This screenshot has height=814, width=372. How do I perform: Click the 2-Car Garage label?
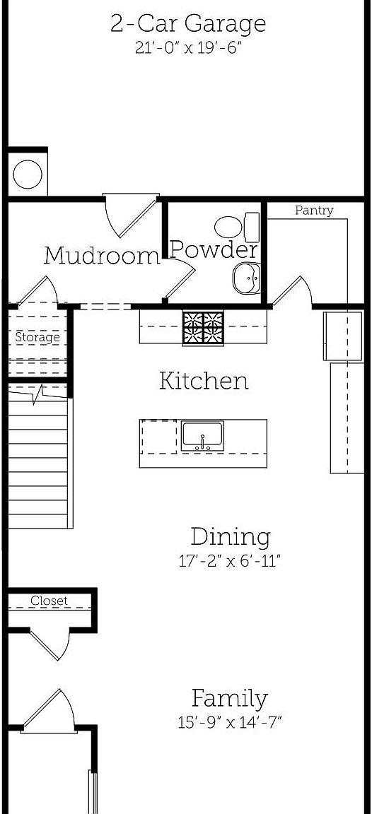188,23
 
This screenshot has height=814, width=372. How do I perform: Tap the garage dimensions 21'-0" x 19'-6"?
188,48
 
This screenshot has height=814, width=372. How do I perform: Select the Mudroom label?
102,255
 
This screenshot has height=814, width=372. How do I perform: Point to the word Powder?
214,249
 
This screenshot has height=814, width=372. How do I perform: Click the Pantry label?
313,211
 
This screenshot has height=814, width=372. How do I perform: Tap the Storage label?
37,338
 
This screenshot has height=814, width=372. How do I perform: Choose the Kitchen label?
204,381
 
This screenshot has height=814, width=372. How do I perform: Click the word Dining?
231,537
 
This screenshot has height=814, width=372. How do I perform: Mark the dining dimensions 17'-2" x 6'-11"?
231,562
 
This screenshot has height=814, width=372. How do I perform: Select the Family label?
230,699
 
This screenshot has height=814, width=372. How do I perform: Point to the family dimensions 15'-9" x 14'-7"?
230,723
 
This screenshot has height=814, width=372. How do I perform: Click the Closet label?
49,601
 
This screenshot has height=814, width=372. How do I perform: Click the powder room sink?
247,278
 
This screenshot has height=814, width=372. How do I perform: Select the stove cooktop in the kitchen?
203,328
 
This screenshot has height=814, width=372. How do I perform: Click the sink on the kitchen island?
202,435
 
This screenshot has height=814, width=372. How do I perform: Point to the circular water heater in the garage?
28,174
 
